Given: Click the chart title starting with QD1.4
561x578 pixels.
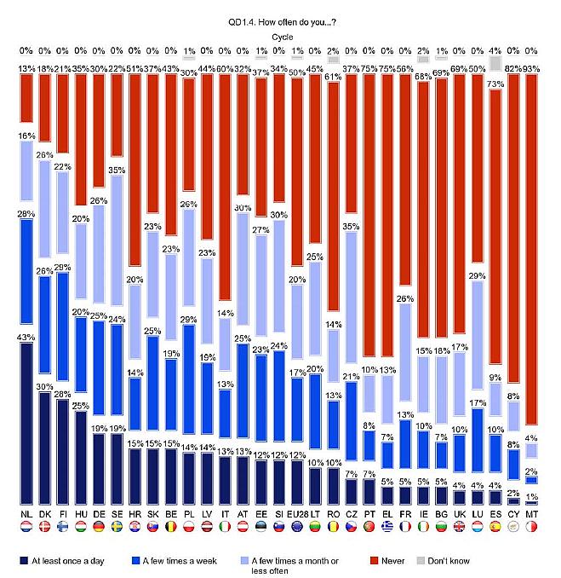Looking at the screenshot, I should [280, 24].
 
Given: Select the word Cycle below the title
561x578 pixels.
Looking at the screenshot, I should [280, 37].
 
